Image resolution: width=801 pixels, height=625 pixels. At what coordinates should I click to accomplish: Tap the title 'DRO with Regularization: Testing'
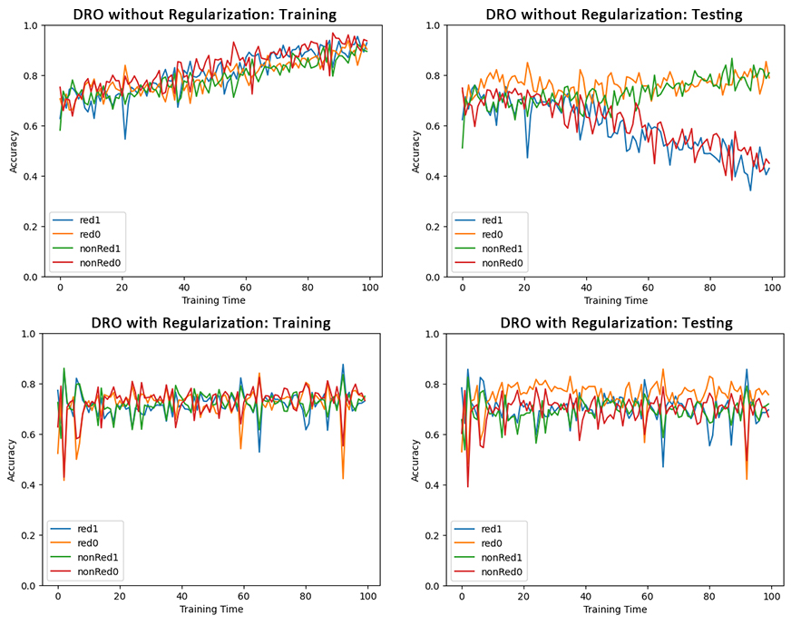pos(616,322)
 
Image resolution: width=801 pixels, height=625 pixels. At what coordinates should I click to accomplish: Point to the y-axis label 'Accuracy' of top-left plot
pos(13,151)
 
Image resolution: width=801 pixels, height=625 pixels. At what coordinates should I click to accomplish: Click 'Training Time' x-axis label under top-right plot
pos(616,300)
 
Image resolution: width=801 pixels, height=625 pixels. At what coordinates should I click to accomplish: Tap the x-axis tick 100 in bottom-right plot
pos(771,596)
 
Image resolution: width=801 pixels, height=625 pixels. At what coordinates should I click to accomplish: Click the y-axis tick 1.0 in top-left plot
pos(33,25)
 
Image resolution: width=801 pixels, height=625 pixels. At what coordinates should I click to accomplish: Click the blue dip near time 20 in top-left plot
pos(124,139)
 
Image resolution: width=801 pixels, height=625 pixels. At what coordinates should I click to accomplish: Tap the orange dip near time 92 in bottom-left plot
pos(343,478)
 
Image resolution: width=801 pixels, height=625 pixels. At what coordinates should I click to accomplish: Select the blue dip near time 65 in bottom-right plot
pos(663,466)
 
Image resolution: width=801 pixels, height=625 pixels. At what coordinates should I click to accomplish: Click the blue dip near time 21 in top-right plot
pos(527,158)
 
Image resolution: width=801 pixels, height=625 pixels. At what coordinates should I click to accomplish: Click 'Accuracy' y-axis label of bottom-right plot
pos(415,460)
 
